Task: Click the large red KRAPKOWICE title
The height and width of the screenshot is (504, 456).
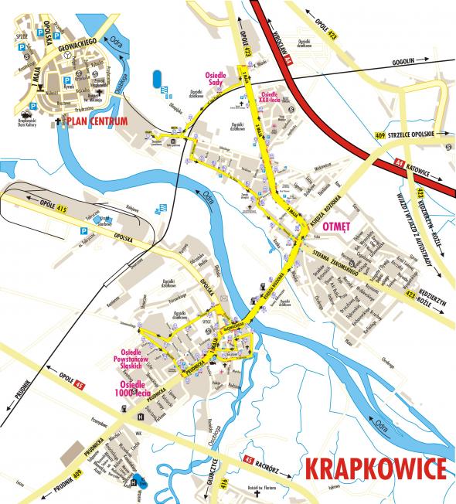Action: (x=375, y=468)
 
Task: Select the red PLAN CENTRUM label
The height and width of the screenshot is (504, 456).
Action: (x=98, y=121)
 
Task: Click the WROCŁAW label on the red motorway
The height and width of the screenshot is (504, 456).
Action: (x=278, y=42)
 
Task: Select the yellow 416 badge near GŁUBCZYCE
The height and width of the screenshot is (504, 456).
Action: (x=224, y=484)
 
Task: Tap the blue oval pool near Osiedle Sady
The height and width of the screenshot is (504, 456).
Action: (x=157, y=79)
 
